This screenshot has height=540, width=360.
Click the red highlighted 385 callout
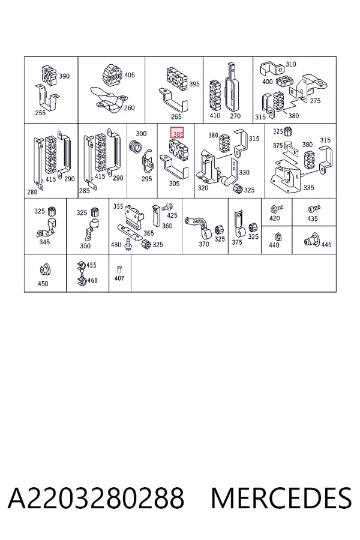(177, 133)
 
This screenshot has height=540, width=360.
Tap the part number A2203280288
(96, 498)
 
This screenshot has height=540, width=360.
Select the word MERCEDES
(281, 498)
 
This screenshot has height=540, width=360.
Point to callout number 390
(64, 76)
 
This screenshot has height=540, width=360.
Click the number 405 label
(130, 75)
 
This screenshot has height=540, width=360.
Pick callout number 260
(129, 108)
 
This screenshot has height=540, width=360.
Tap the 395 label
(194, 84)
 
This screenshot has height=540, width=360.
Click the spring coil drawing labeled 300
(134, 147)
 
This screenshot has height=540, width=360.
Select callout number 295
(146, 179)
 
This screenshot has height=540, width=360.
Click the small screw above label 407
(119, 269)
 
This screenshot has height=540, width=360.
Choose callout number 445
(326, 245)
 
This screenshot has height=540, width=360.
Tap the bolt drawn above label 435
(314, 208)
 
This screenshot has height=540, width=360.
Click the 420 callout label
(275, 218)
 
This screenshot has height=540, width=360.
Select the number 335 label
(308, 188)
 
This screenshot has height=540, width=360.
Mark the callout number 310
(291, 64)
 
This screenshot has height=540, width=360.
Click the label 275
(315, 101)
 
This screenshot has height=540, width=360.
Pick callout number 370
(203, 244)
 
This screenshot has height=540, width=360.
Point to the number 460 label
(92, 281)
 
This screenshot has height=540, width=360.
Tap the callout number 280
(32, 192)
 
